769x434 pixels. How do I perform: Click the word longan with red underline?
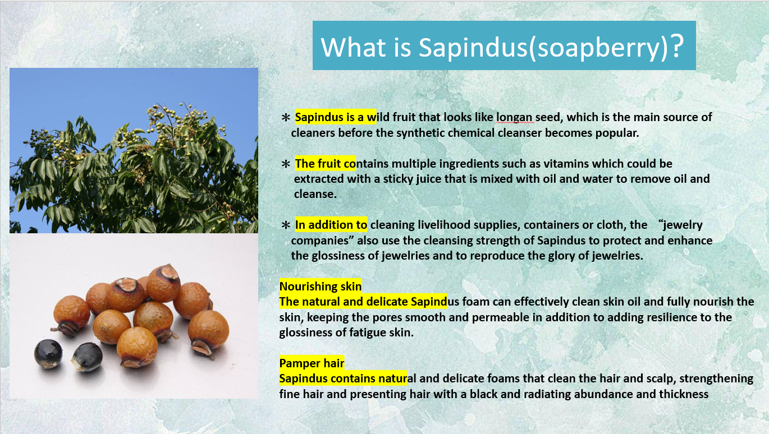point(514,117)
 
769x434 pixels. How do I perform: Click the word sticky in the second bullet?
point(398,179)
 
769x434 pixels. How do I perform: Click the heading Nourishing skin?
point(321,286)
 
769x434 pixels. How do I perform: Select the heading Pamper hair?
point(312,363)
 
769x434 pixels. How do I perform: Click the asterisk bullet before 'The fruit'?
point(286,164)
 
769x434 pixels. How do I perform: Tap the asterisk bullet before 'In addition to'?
point(286,225)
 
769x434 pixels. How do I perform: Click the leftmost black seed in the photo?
point(48,354)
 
